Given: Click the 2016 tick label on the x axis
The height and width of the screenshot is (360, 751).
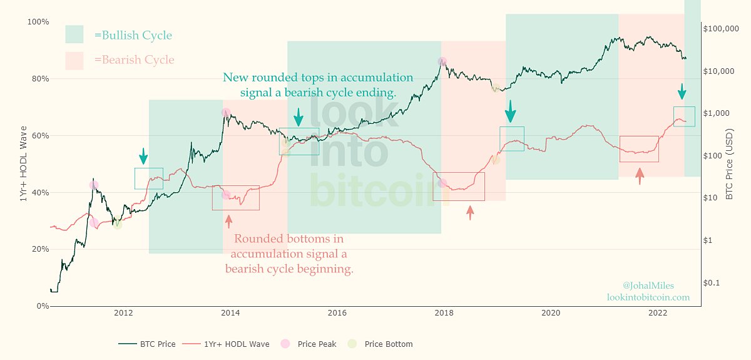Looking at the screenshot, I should click(x=337, y=312).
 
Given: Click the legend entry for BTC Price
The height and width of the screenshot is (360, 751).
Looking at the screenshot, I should click(x=147, y=344).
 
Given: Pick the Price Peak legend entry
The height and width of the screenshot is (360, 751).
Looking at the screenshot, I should click(x=310, y=344).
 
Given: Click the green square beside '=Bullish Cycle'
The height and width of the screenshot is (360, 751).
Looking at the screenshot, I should click(x=74, y=34).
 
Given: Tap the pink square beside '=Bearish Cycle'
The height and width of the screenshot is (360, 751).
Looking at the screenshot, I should click(x=74, y=60).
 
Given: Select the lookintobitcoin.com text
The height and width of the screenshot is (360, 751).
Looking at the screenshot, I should click(x=648, y=297).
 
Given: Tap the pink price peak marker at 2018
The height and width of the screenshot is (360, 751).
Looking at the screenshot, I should click(x=442, y=61).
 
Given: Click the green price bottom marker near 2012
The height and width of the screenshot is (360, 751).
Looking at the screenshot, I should click(x=117, y=224).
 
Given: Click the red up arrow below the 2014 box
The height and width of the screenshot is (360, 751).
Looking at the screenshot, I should click(x=228, y=220).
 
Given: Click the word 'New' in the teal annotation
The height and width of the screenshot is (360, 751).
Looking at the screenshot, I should click(x=236, y=78).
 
